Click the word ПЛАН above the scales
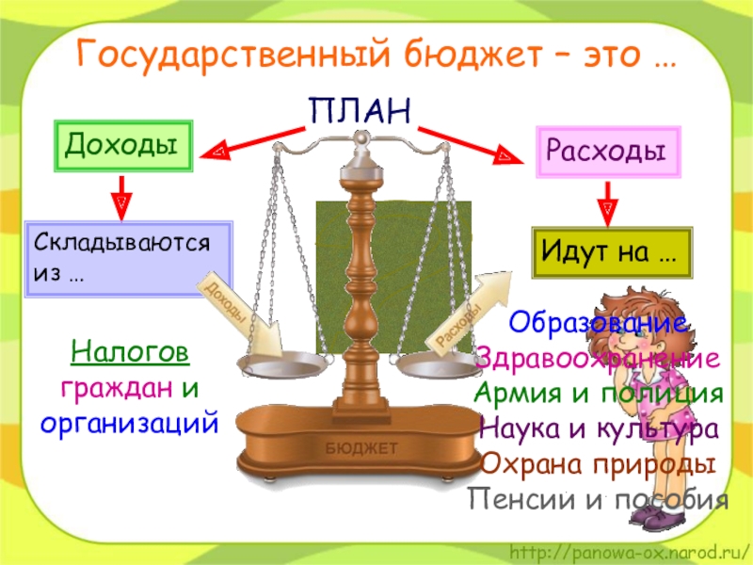tap(360, 111)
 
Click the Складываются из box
tap(128, 258)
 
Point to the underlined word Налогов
tap(130, 354)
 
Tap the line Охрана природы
tap(597, 464)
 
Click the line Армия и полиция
tap(599, 394)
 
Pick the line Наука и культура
tap(599, 429)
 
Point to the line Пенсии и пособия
tap(598, 499)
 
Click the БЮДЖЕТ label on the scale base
tap(361, 448)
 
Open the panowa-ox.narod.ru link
tap(629, 549)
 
